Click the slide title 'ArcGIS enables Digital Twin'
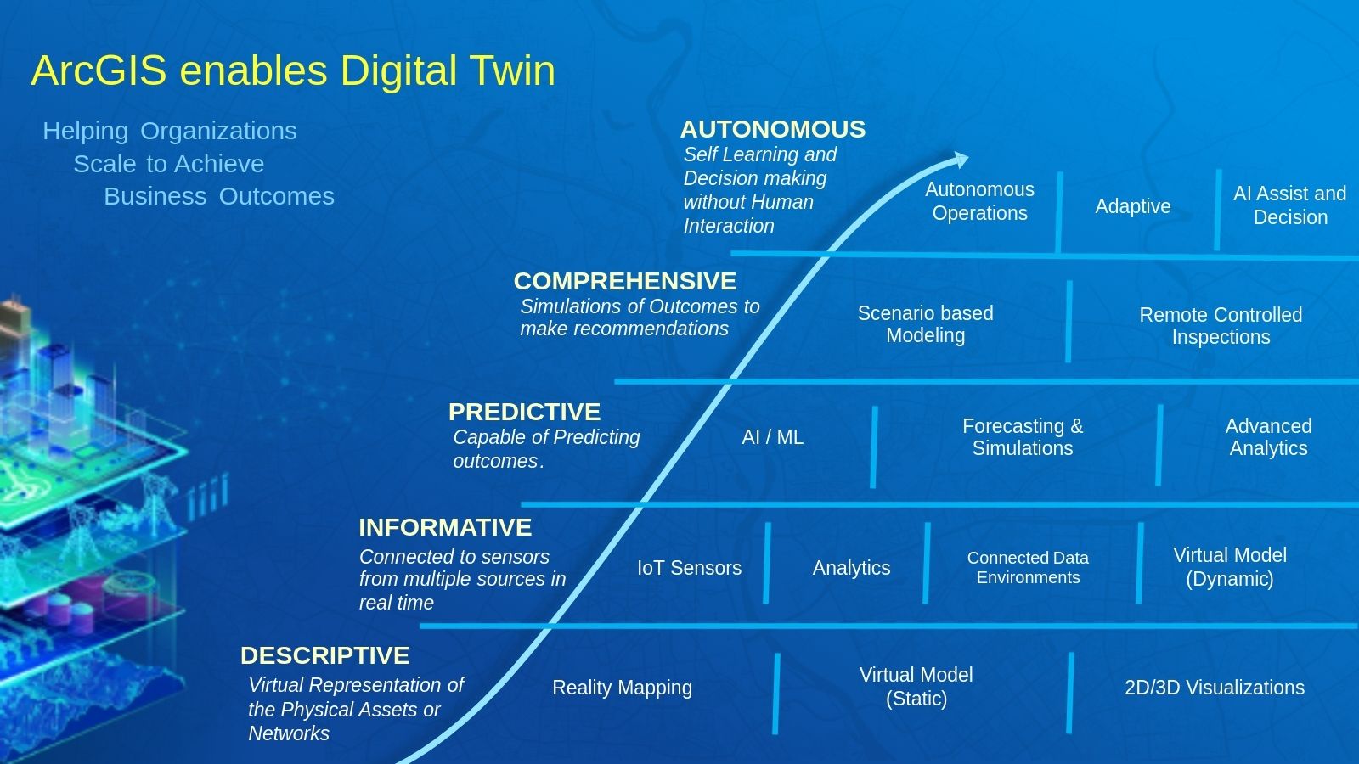[x=293, y=71]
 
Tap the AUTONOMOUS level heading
[x=773, y=129]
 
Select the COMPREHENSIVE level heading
[x=625, y=281]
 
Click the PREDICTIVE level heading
[x=524, y=412]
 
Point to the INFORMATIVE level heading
[x=445, y=527]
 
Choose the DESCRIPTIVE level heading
[x=324, y=655]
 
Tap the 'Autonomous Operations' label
[x=980, y=201]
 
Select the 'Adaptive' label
[x=1133, y=206]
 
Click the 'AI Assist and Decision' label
[x=1290, y=205]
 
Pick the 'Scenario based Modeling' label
[x=925, y=323]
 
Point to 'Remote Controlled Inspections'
[x=1221, y=326]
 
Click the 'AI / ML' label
[x=772, y=436]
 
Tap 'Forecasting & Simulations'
[x=1023, y=436]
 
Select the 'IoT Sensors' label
[x=689, y=568]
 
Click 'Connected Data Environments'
[x=1028, y=567]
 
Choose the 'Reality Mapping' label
[x=622, y=687]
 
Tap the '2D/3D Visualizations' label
[x=1215, y=687]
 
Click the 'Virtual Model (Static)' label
[x=916, y=687]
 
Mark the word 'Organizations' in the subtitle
[x=218, y=131]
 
